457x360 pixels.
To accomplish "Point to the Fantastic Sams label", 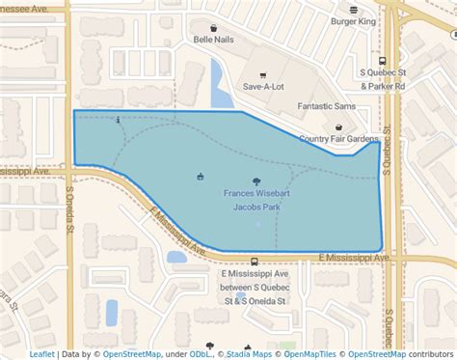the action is (x=326, y=106).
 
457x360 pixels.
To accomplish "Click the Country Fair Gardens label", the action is (x=339, y=139).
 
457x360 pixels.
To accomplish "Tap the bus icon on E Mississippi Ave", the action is (x=254, y=262).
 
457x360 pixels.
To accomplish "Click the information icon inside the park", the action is (x=118, y=121).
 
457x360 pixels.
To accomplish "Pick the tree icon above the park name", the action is (x=255, y=180).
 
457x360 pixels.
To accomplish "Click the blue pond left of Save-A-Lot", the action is (x=221, y=86).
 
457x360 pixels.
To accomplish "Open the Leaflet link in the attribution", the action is (x=41, y=354).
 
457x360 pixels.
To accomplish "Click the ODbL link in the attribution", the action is (x=201, y=354).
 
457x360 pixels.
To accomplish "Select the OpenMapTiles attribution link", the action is (x=310, y=354).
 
